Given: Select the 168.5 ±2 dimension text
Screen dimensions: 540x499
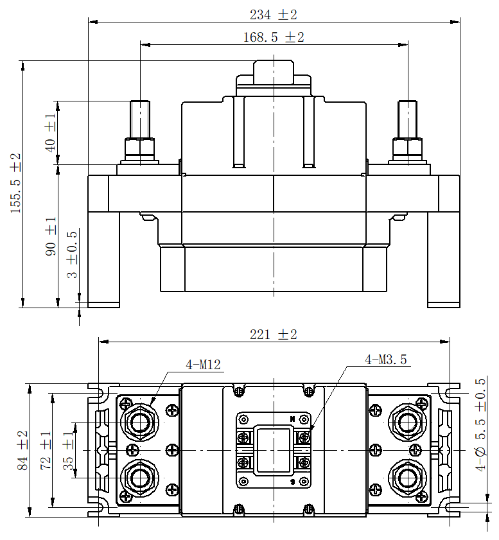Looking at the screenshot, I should click(273, 37).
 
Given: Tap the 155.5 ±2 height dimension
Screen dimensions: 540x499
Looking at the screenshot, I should click(16, 183).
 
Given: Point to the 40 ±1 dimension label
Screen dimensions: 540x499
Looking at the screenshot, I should click(51, 132).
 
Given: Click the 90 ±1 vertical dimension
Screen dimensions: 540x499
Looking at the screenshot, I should click(51, 236).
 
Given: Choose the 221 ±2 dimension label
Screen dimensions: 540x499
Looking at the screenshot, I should click(273, 335).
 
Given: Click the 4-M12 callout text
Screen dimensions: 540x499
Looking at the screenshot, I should click(203, 365).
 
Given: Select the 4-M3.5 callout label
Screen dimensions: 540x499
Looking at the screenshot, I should click(385, 360).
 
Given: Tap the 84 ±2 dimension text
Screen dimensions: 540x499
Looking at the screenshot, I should click(22, 451).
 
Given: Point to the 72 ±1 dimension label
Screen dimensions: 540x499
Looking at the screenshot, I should click(46, 451).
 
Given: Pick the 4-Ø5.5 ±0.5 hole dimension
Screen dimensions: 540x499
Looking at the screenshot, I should click(480, 425).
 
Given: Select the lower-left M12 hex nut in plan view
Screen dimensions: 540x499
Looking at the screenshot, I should click(138, 478).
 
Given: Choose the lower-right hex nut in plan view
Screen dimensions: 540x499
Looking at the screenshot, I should click(407, 478).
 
